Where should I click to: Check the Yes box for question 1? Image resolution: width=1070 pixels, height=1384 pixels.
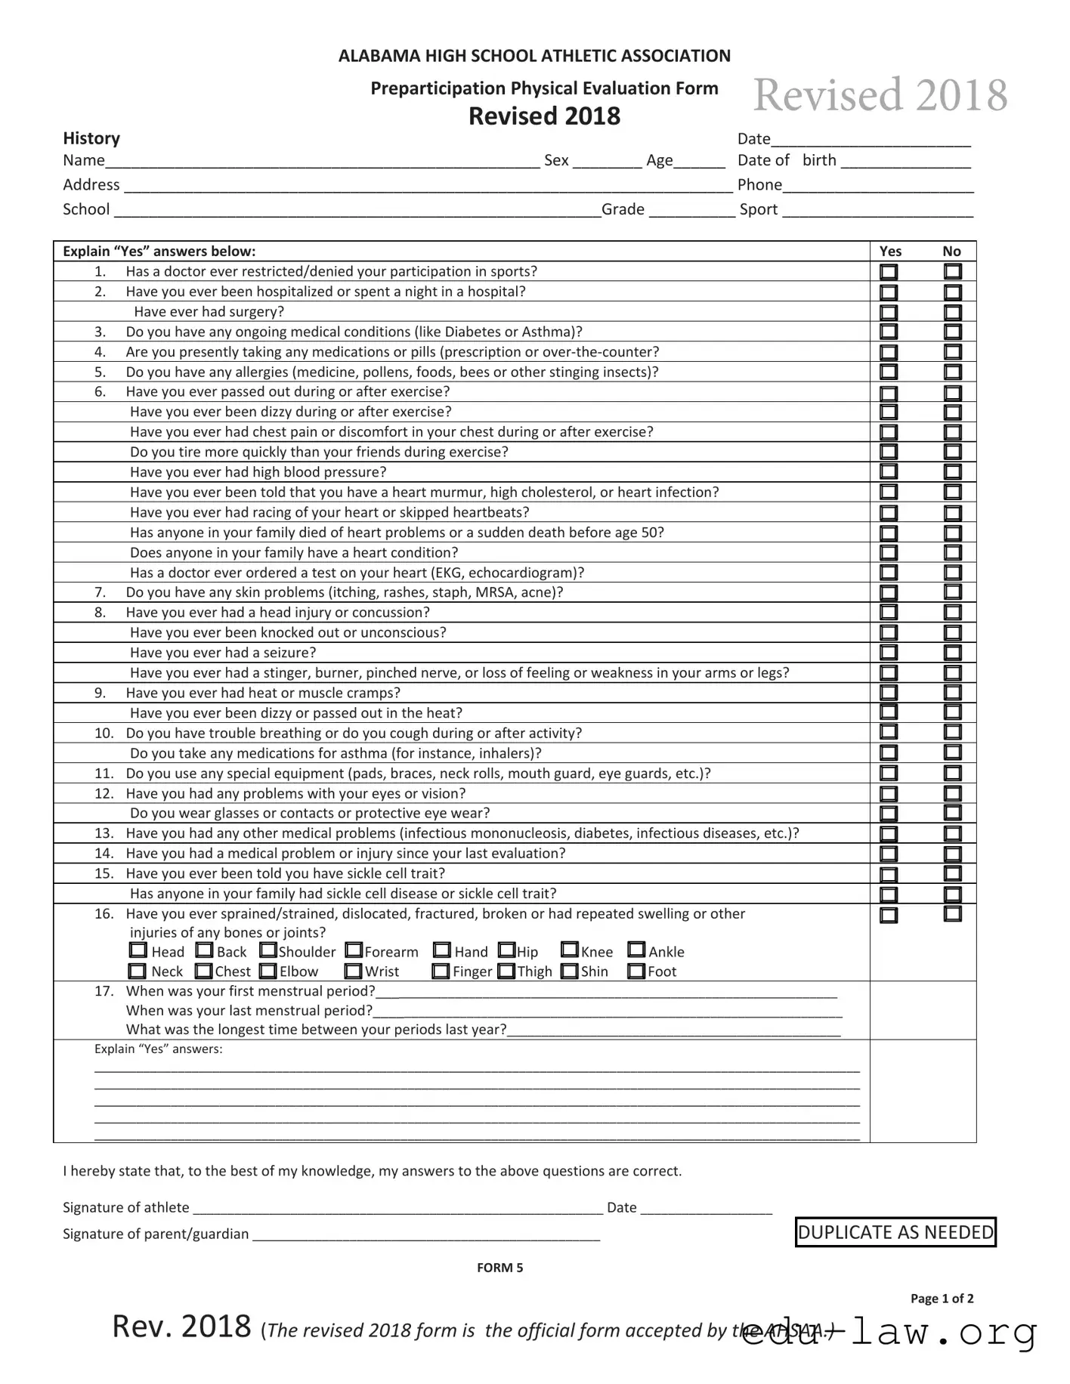coord(889,272)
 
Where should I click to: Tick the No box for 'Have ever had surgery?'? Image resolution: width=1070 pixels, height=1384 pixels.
coord(953,312)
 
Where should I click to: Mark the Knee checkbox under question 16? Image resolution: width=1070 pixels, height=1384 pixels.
coord(570,950)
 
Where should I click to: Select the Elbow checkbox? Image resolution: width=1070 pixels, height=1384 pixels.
coord(268,971)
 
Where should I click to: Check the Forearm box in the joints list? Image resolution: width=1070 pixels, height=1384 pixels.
coord(354,950)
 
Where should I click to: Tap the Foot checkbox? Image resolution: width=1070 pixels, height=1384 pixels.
coord(636,971)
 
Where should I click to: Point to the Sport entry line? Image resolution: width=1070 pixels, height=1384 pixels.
coord(877,211)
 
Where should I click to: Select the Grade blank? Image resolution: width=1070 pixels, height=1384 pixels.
coord(691,211)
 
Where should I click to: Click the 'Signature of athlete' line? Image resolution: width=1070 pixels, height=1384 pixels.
coord(397,1208)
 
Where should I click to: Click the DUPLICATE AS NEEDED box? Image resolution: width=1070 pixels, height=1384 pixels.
coord(895,1232)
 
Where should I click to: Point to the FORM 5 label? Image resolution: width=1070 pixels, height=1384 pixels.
coord(499,1268)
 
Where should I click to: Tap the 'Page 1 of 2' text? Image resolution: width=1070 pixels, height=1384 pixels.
coord(942,1299)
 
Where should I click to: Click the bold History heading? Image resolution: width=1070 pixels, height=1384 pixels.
coord(91,138)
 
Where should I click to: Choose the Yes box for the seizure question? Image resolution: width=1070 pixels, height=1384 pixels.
coord(889,653)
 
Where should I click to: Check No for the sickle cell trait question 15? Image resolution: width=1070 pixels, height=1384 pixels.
coord(953,874)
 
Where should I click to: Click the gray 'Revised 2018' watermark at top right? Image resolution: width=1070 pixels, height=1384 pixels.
coord(880,95)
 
